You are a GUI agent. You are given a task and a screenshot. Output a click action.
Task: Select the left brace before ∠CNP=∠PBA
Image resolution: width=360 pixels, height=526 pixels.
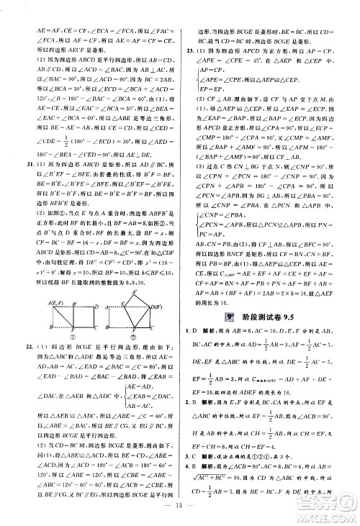coord(192,224)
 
